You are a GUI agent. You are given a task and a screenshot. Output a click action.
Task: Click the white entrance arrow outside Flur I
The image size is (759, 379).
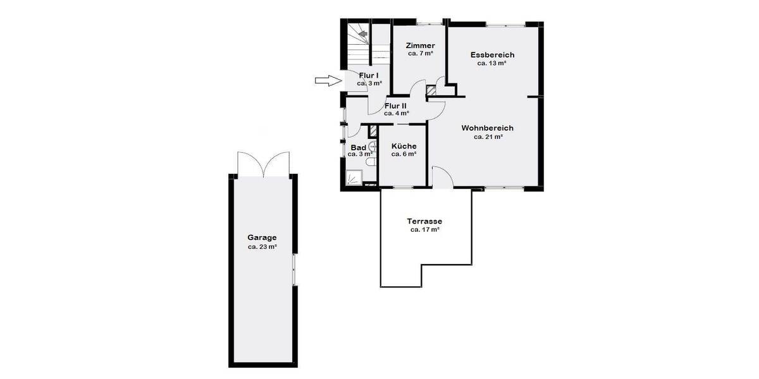(327, 80)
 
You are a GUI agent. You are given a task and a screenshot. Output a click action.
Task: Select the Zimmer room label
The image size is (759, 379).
(420, 45)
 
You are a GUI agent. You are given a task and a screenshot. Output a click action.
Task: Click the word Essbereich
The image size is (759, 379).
(492, 55)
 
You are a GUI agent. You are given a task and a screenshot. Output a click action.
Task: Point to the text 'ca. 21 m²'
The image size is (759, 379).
(488, 136)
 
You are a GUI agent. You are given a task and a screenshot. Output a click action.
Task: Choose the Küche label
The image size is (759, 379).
(404, 146)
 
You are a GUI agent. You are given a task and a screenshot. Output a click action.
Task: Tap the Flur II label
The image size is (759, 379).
(395, 105)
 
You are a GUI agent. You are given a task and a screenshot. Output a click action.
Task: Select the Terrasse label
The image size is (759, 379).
(424, 222)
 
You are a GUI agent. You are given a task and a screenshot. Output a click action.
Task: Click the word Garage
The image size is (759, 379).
(262, 238)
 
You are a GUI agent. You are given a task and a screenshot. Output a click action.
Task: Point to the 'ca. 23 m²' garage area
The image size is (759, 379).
(262, 247)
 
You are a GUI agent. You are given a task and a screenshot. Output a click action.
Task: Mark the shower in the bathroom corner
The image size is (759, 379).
(354, 178)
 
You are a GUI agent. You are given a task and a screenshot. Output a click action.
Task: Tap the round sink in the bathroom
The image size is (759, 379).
(372, 147)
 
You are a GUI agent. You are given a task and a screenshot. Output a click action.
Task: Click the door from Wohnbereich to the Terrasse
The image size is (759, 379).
(442, 177)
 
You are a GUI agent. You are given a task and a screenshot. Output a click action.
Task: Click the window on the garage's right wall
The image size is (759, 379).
(295, 270)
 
